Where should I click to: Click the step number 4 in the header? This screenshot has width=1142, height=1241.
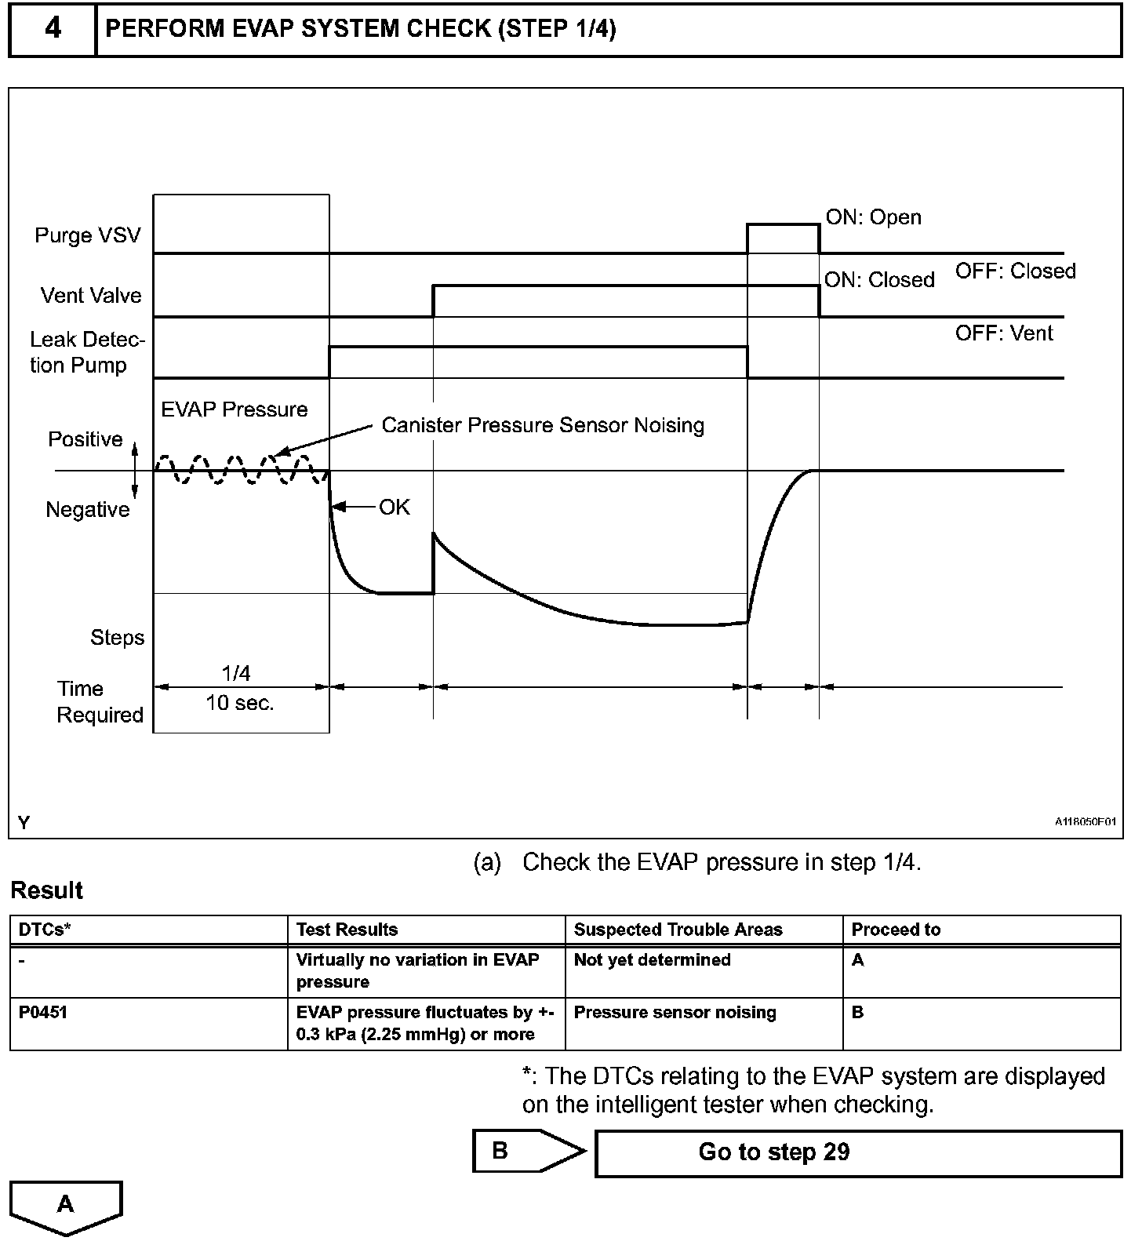53,29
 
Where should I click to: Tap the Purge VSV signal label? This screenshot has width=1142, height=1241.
87,235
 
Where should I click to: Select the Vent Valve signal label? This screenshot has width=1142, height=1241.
91,296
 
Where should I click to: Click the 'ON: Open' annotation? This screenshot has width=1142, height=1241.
873,217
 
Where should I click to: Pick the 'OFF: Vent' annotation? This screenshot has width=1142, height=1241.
1004,333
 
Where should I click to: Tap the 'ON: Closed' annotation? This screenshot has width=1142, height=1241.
879,280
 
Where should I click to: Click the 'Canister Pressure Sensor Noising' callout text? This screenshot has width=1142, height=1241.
543,425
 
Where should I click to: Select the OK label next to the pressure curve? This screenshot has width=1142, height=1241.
395,508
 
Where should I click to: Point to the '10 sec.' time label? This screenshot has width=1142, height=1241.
240,703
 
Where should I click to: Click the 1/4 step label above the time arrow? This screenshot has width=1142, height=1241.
236,673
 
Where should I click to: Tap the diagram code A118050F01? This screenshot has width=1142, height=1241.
1086,821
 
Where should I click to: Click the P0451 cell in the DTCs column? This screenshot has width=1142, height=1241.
43,1012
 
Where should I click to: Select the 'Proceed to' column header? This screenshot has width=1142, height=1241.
896,930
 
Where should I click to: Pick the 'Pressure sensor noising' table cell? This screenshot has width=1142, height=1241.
675,1012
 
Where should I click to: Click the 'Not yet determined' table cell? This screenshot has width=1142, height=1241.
652,959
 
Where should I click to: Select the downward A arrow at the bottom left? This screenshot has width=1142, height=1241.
66,1206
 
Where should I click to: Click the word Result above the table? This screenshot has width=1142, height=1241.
46,890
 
